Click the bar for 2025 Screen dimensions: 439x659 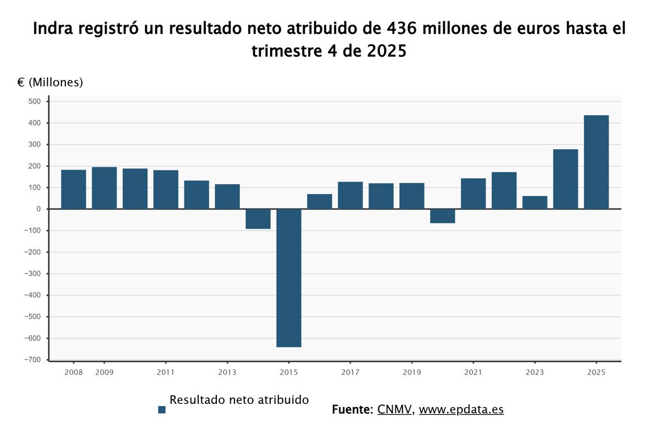point(596,162)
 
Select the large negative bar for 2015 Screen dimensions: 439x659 point(288,278)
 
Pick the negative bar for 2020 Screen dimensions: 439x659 point(442,216)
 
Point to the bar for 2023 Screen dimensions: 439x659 point(534,202)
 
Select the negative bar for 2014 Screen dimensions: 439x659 point(258,219)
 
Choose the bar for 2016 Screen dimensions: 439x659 point(319,201)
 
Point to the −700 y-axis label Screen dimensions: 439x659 point(32,359)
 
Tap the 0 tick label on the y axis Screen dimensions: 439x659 point(38,209)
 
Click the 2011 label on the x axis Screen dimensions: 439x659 point(165,373)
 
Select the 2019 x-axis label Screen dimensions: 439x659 point(411,373)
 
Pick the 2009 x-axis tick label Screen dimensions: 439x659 point(104,373)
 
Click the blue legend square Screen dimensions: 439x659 point(161,409)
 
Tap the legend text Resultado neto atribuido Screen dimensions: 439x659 point(239,400)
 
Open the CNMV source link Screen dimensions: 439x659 point(394,409)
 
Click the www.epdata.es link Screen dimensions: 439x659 point(461,409)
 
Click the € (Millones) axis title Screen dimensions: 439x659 point(50,82)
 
